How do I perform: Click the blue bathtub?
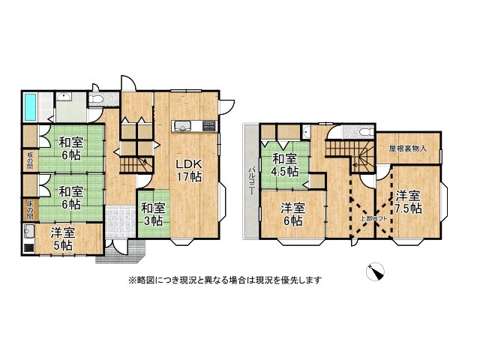pos(31,106)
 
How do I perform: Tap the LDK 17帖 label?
pos(188,171)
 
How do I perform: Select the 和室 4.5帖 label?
pos(285,165)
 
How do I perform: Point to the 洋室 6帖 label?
pos(292,214)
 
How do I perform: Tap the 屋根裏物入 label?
pos(408,148)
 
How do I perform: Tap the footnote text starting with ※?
pos(224,280)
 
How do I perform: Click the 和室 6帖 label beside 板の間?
pos(70,148)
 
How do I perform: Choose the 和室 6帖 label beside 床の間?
pos(70,196)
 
